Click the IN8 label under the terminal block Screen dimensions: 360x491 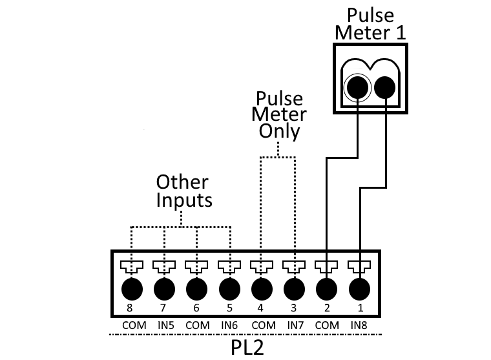pos(359,325)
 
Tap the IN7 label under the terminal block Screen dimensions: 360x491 pos(294,325)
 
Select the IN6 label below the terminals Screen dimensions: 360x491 pos(229,325)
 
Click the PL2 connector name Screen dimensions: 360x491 pos(247,348)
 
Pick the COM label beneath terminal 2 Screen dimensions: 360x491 pos(327,325)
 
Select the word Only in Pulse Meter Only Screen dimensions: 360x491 pos(279,131)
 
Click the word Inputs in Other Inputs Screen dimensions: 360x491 pos(184,200)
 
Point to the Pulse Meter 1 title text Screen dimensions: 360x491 pos(370,24)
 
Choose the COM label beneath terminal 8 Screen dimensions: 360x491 pos(132,325)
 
